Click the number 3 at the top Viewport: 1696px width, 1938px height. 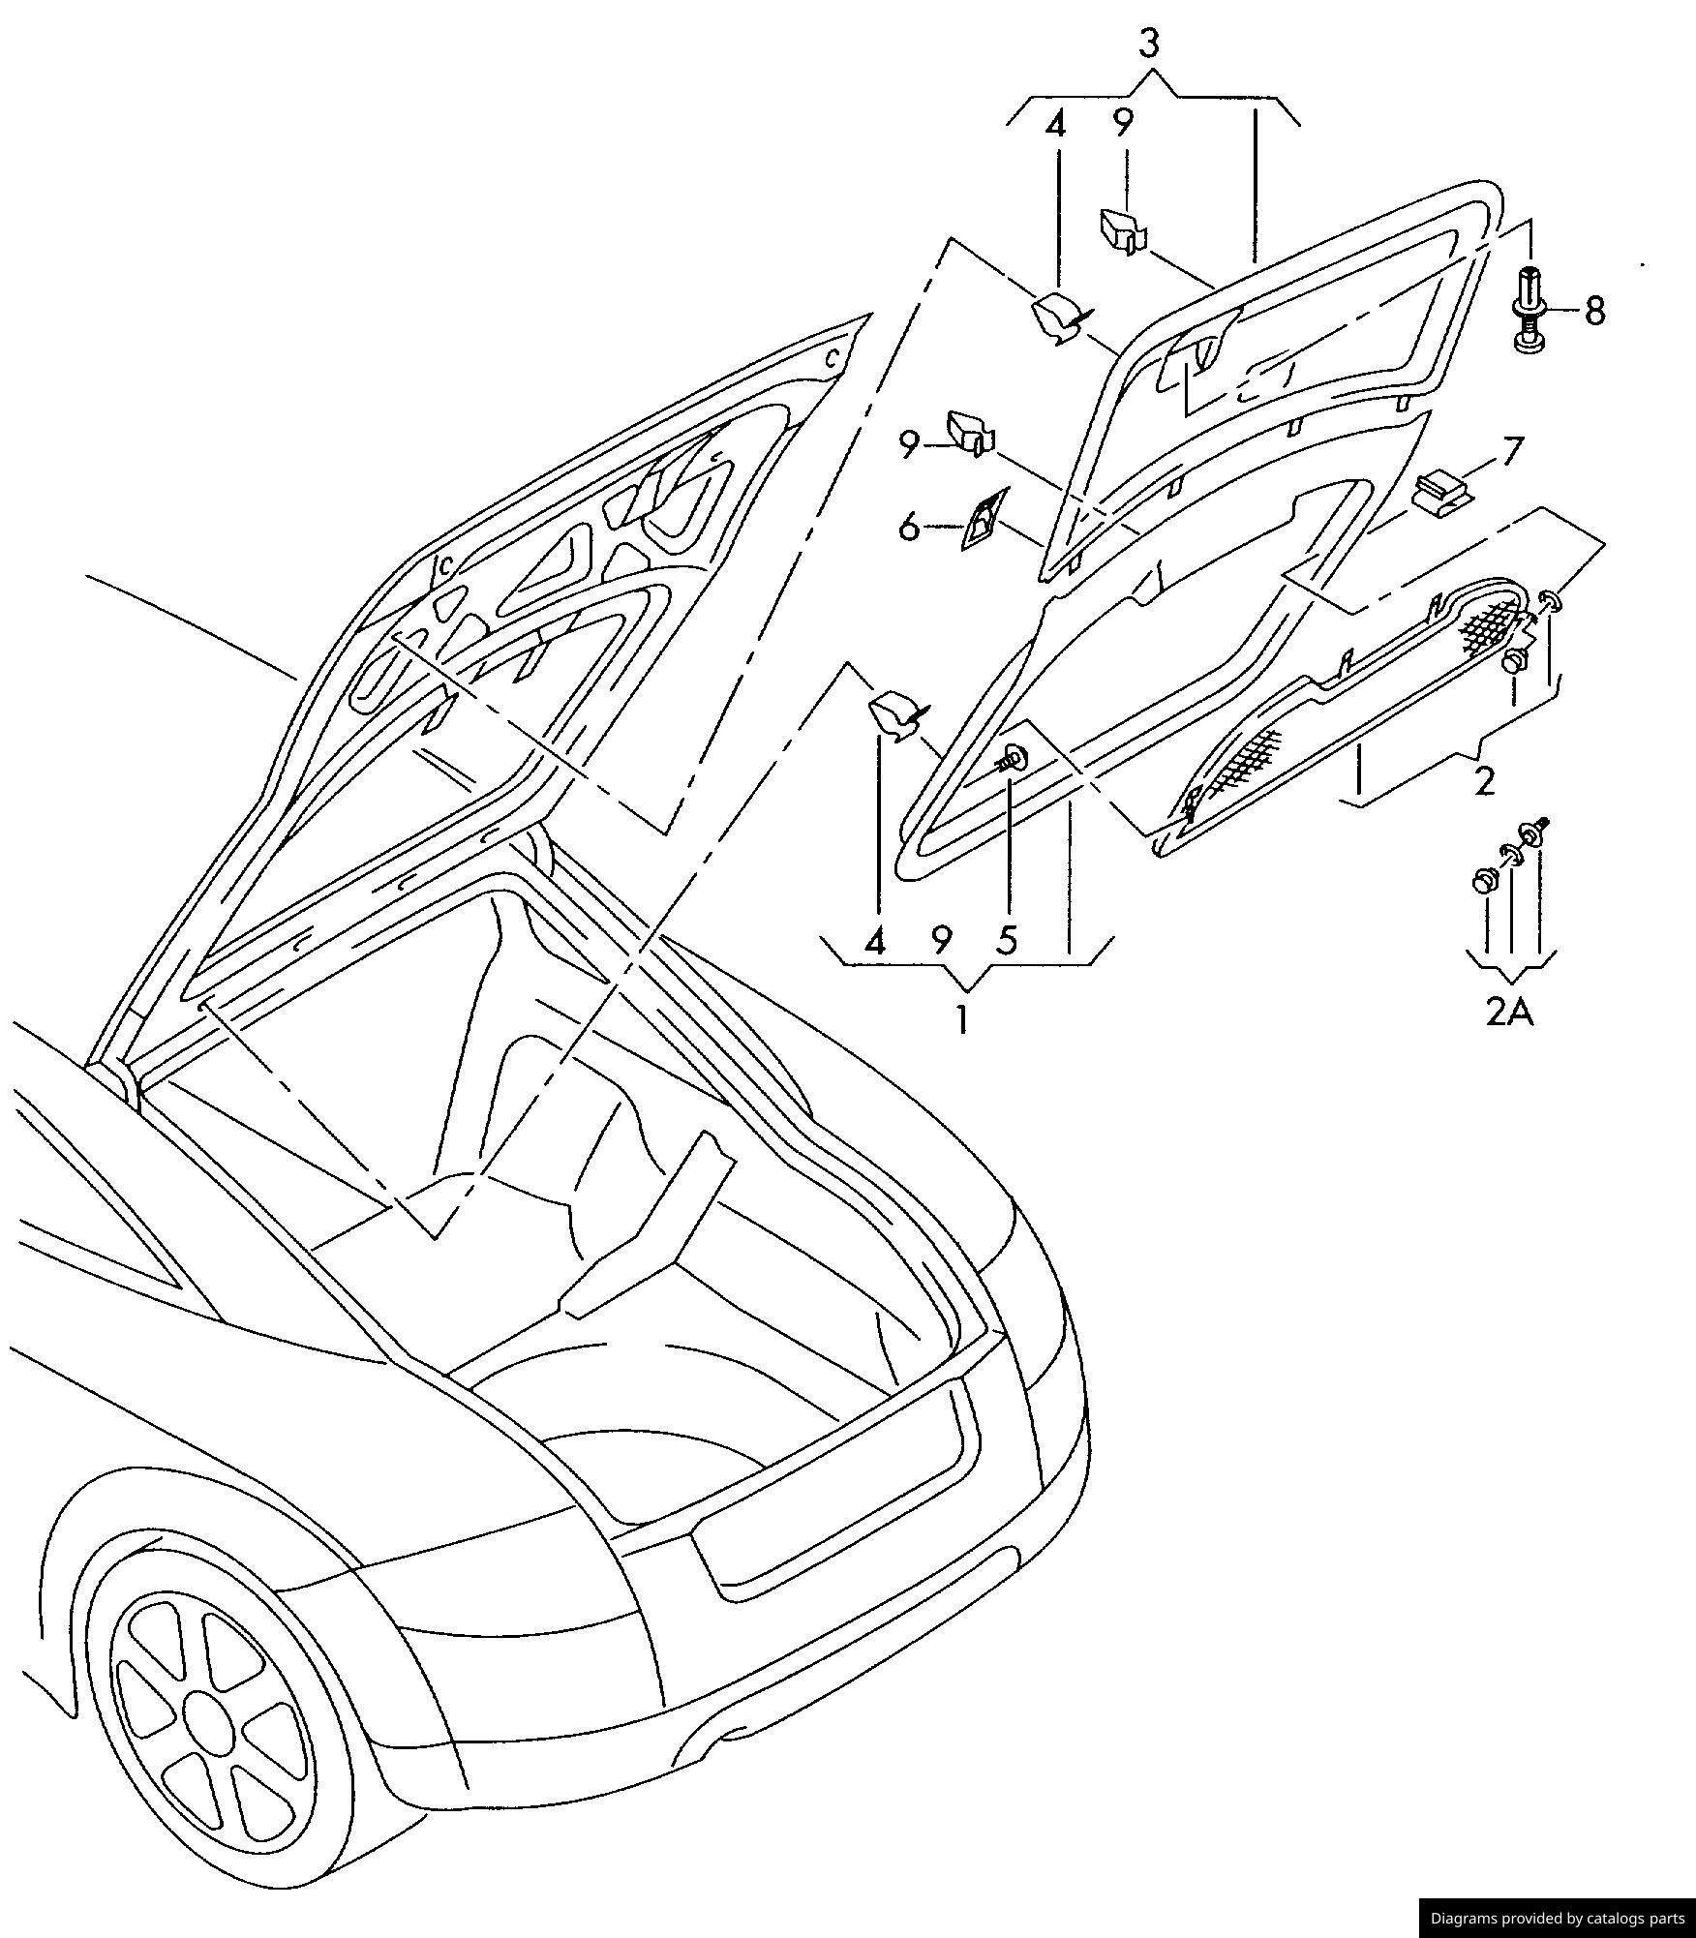pos(1148,44)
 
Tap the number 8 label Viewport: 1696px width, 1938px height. pos(1594,311)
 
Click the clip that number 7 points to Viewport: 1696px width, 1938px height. pos(1441,491)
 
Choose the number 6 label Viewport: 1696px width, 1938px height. pos(908,528)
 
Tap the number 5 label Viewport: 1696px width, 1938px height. pos(1008,939)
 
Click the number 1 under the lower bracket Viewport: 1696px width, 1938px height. pos(962,1019)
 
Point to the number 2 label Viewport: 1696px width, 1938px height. pos(1484,780)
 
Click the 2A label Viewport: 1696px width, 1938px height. pos(1510,1012)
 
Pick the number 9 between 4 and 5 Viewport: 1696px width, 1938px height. pos(941,939)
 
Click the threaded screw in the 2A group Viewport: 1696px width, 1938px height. pos(1533,831)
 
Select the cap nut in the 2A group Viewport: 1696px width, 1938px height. pos(1484,880)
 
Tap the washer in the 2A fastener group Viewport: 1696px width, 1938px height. pos(1509,854)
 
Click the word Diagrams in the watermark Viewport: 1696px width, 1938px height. pos(1466,1918)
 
